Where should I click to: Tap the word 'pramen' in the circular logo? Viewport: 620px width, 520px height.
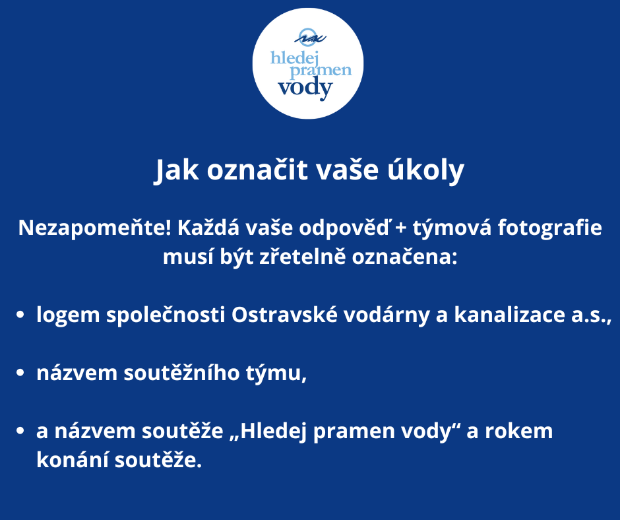point(321,71)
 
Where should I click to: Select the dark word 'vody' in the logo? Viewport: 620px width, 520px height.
point(305,88)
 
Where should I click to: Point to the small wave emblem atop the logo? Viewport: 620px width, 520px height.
point(310,37)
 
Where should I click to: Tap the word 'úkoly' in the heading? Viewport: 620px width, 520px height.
point(425,170)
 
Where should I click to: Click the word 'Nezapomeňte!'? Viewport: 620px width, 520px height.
point(95,228)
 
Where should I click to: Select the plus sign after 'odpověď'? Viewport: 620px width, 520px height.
point(400,228)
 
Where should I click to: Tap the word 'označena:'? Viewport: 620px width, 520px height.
point(404,257)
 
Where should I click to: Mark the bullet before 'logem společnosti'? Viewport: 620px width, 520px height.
point(20,315)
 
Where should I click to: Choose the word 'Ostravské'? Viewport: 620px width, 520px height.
point(284,315)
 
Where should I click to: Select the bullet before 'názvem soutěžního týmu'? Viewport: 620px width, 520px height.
point(20,373)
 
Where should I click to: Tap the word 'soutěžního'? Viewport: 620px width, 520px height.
point(181,373)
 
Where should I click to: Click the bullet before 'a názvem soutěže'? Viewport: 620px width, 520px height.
point(20,431)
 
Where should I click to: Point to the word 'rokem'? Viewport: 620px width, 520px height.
point(519,431)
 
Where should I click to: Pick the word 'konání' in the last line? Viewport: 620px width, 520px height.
point(73,460)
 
